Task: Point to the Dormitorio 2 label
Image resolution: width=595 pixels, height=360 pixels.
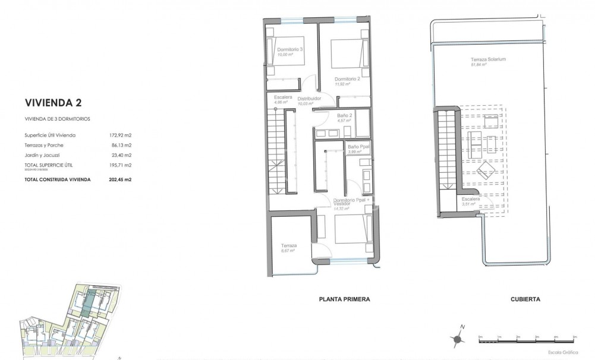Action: pyautogui.click(x=347, y=79)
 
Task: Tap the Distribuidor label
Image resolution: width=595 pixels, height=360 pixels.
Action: pyautogui.click(x=309, y=98)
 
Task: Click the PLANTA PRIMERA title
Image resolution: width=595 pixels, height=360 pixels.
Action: pyautogui.click(x=344, y=299)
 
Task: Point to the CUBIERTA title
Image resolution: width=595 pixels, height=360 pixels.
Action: pyautogui.click(x=525, y=299)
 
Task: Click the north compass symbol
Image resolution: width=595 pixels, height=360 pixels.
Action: pyautogui.click(x=458, y=338)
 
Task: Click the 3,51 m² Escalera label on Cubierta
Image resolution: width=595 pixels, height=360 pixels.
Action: pyautogui.click(x=470, y=203)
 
